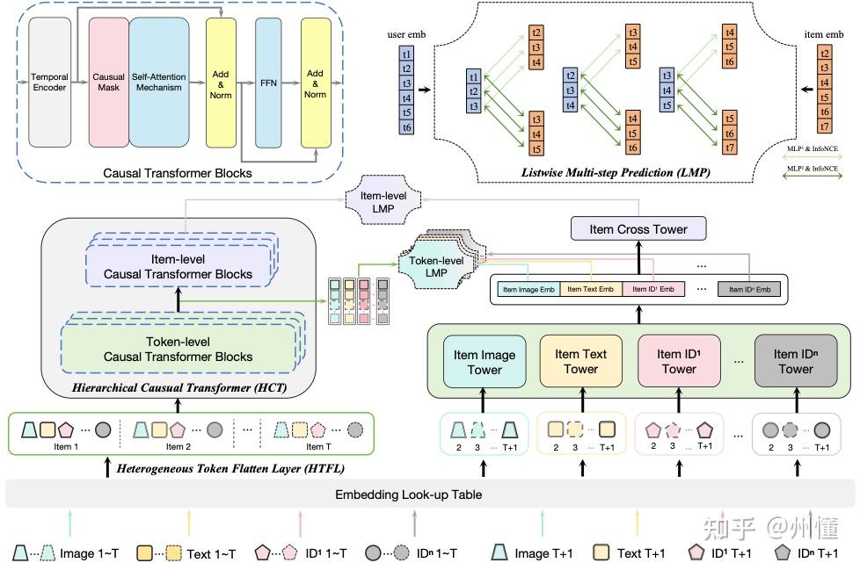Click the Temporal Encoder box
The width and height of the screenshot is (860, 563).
49,83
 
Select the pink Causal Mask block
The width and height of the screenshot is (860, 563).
108,83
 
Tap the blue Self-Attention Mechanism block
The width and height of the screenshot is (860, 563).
159,83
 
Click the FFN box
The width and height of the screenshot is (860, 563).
267,83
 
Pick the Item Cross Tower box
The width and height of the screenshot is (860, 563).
639,229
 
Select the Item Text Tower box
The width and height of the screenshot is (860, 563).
580,362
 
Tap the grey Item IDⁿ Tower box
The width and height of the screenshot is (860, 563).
795,362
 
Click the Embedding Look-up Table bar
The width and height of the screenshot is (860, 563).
408,494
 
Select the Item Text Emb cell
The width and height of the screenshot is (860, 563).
590,289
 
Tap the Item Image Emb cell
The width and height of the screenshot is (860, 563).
528,289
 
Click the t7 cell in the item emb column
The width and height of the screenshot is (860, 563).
825,126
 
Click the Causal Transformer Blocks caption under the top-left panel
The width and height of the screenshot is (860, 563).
177,173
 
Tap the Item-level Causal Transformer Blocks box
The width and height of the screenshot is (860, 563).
178,266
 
